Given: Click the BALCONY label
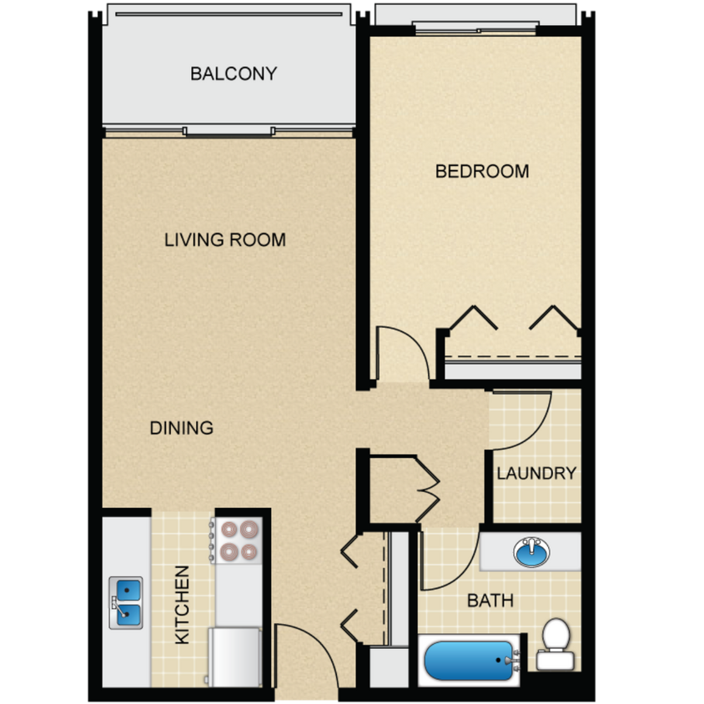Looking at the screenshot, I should [x=234, y=73].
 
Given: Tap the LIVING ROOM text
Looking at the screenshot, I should [x=225, y=240].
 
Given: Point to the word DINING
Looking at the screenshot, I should [x=182, y=429].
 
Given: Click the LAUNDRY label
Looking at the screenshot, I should [x=536, y=474].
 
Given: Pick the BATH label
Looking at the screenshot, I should [x=490, y=601].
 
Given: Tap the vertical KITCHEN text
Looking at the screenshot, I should [x=182, y=605].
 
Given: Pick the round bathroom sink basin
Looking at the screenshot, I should [x=531, y=552].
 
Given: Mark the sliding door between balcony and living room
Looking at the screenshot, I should [x=229, y=131].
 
